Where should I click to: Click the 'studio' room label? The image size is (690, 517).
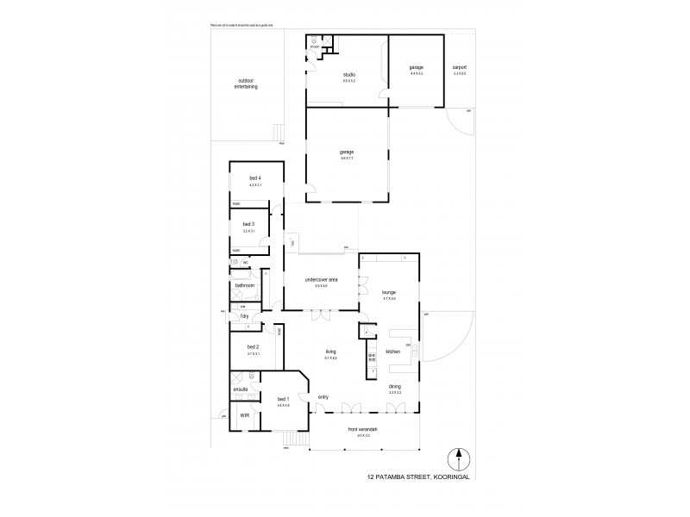[x=349, y=74]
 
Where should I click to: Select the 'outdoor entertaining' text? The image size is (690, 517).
[x=247, y=84]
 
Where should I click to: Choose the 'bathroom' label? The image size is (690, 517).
[x=245, y=285]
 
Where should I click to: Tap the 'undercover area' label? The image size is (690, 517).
[x=321, y=280]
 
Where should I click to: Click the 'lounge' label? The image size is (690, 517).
[x=388, y=292]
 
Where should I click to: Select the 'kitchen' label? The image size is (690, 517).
[x=392, y=352]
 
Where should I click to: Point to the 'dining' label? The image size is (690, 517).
[x=394, y=387]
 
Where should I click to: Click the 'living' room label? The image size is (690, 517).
[x=330, y=351]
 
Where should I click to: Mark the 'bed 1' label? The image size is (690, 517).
[x=283, y=399]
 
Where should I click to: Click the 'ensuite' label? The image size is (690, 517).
[x=241, y=389]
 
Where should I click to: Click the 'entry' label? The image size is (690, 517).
[x=323, y=397]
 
